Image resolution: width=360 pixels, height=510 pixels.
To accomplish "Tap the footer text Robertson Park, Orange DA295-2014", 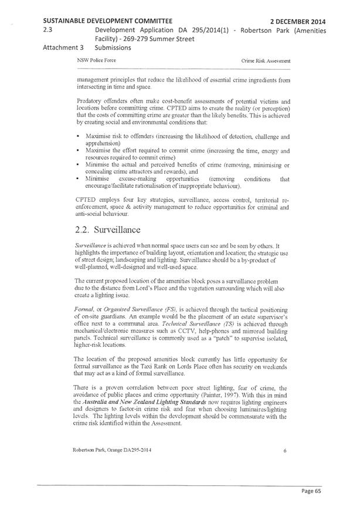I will pos(112,451).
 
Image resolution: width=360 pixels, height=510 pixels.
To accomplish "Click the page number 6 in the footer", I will pos(285,451).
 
